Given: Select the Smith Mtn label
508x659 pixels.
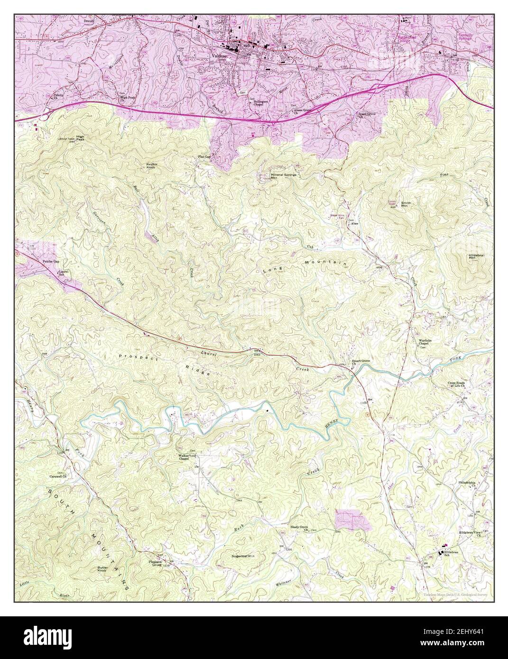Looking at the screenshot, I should [x=406, y=204].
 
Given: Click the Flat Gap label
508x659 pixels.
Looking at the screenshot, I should [x=204, y=156].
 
